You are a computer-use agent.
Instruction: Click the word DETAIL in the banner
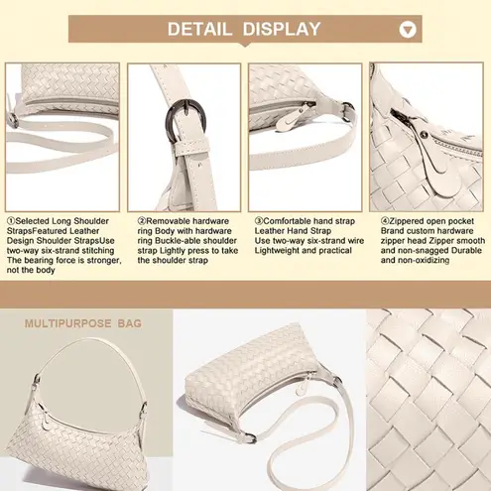tap(199, 29)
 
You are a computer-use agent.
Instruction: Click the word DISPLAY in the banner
tap(282, 29)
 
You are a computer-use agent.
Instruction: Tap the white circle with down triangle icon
tap(408, 30)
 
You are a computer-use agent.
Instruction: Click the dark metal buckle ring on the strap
tap(185, 121)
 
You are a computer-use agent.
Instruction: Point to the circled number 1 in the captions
tap(11, 221)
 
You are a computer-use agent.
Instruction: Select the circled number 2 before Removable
tap(142, 221)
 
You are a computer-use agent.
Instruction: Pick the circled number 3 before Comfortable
tap(259, 221)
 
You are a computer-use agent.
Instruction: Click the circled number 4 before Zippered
tap(385, 221)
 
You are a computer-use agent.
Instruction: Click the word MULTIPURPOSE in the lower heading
tap(68, 323)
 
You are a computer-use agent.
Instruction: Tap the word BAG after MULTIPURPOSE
tap(130, 323)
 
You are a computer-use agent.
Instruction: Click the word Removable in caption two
tap(168, 221)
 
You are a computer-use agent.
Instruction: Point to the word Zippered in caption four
tap(408, 221)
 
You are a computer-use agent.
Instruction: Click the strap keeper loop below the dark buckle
tap(191, 147)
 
